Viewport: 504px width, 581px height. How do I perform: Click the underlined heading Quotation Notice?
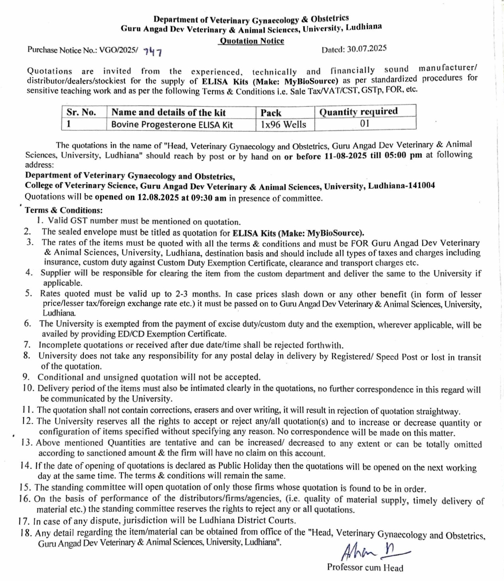[x=252, y=41]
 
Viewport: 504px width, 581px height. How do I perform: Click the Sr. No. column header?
[x=81, y=112]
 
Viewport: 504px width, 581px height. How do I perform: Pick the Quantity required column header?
[x=358, y=111]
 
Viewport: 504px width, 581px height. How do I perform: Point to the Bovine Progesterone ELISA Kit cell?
[x=172, y=124]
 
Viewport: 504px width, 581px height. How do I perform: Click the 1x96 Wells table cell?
[x=283, y=124]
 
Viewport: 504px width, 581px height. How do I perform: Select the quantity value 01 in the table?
[x=365, y=123]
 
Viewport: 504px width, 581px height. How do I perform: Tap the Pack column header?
[x=271, y=112]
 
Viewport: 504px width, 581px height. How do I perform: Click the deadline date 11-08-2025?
[x=346, y=156]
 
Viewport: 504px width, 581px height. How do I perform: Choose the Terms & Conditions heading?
[x=64, y=210]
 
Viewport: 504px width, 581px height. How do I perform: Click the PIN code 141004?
[x=421, y=185]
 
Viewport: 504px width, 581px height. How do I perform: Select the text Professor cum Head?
[x=365, y=568]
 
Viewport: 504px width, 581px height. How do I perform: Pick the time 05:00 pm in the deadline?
[x=403, y=155]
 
